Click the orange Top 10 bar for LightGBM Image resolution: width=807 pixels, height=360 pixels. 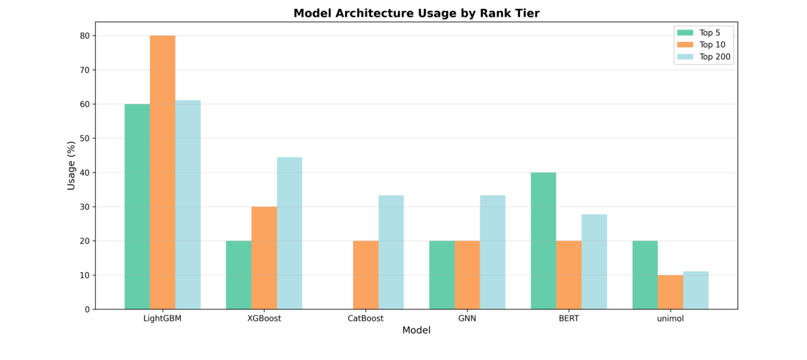pyautogui.click(x=163, y=172)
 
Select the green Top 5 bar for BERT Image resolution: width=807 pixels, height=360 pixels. pyautogui.click(x=544, y=240)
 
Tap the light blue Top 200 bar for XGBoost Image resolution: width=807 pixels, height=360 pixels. pyautogui.click(x=290, y=233)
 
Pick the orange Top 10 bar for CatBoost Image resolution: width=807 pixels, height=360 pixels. pyautogui.click(x=366, y=275)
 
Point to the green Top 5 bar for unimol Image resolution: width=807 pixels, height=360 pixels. pyautogui.click(x=645, y=275)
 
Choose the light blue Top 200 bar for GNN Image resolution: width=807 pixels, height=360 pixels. pyautogui.click(x=493, y=252)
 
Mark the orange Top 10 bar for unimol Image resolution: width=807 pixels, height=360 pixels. pyautogui.click(x=671, y=292)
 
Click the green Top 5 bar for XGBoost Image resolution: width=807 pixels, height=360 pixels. pyautogui.click(x=239, y=275)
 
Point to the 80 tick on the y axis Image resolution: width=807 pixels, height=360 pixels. pyautogui.click(x=85, y=36)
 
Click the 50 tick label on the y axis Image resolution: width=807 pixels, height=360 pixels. pyautogui.click(x=85, y=138)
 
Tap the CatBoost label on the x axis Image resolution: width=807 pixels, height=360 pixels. pyautogui.click(x=366, y=319)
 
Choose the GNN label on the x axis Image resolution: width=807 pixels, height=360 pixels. pyautogui.click(x=467, y=319)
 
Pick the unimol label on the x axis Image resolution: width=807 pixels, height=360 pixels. pyautogui.click(x=671, y=319)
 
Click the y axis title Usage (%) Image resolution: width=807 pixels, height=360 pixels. pyautogui.click(x=72, y=165)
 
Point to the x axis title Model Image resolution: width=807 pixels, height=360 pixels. pyautogui.click(x=416, y=331)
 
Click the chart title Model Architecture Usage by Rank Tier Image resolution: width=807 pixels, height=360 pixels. pyautogui.click(x=416, y=14)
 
